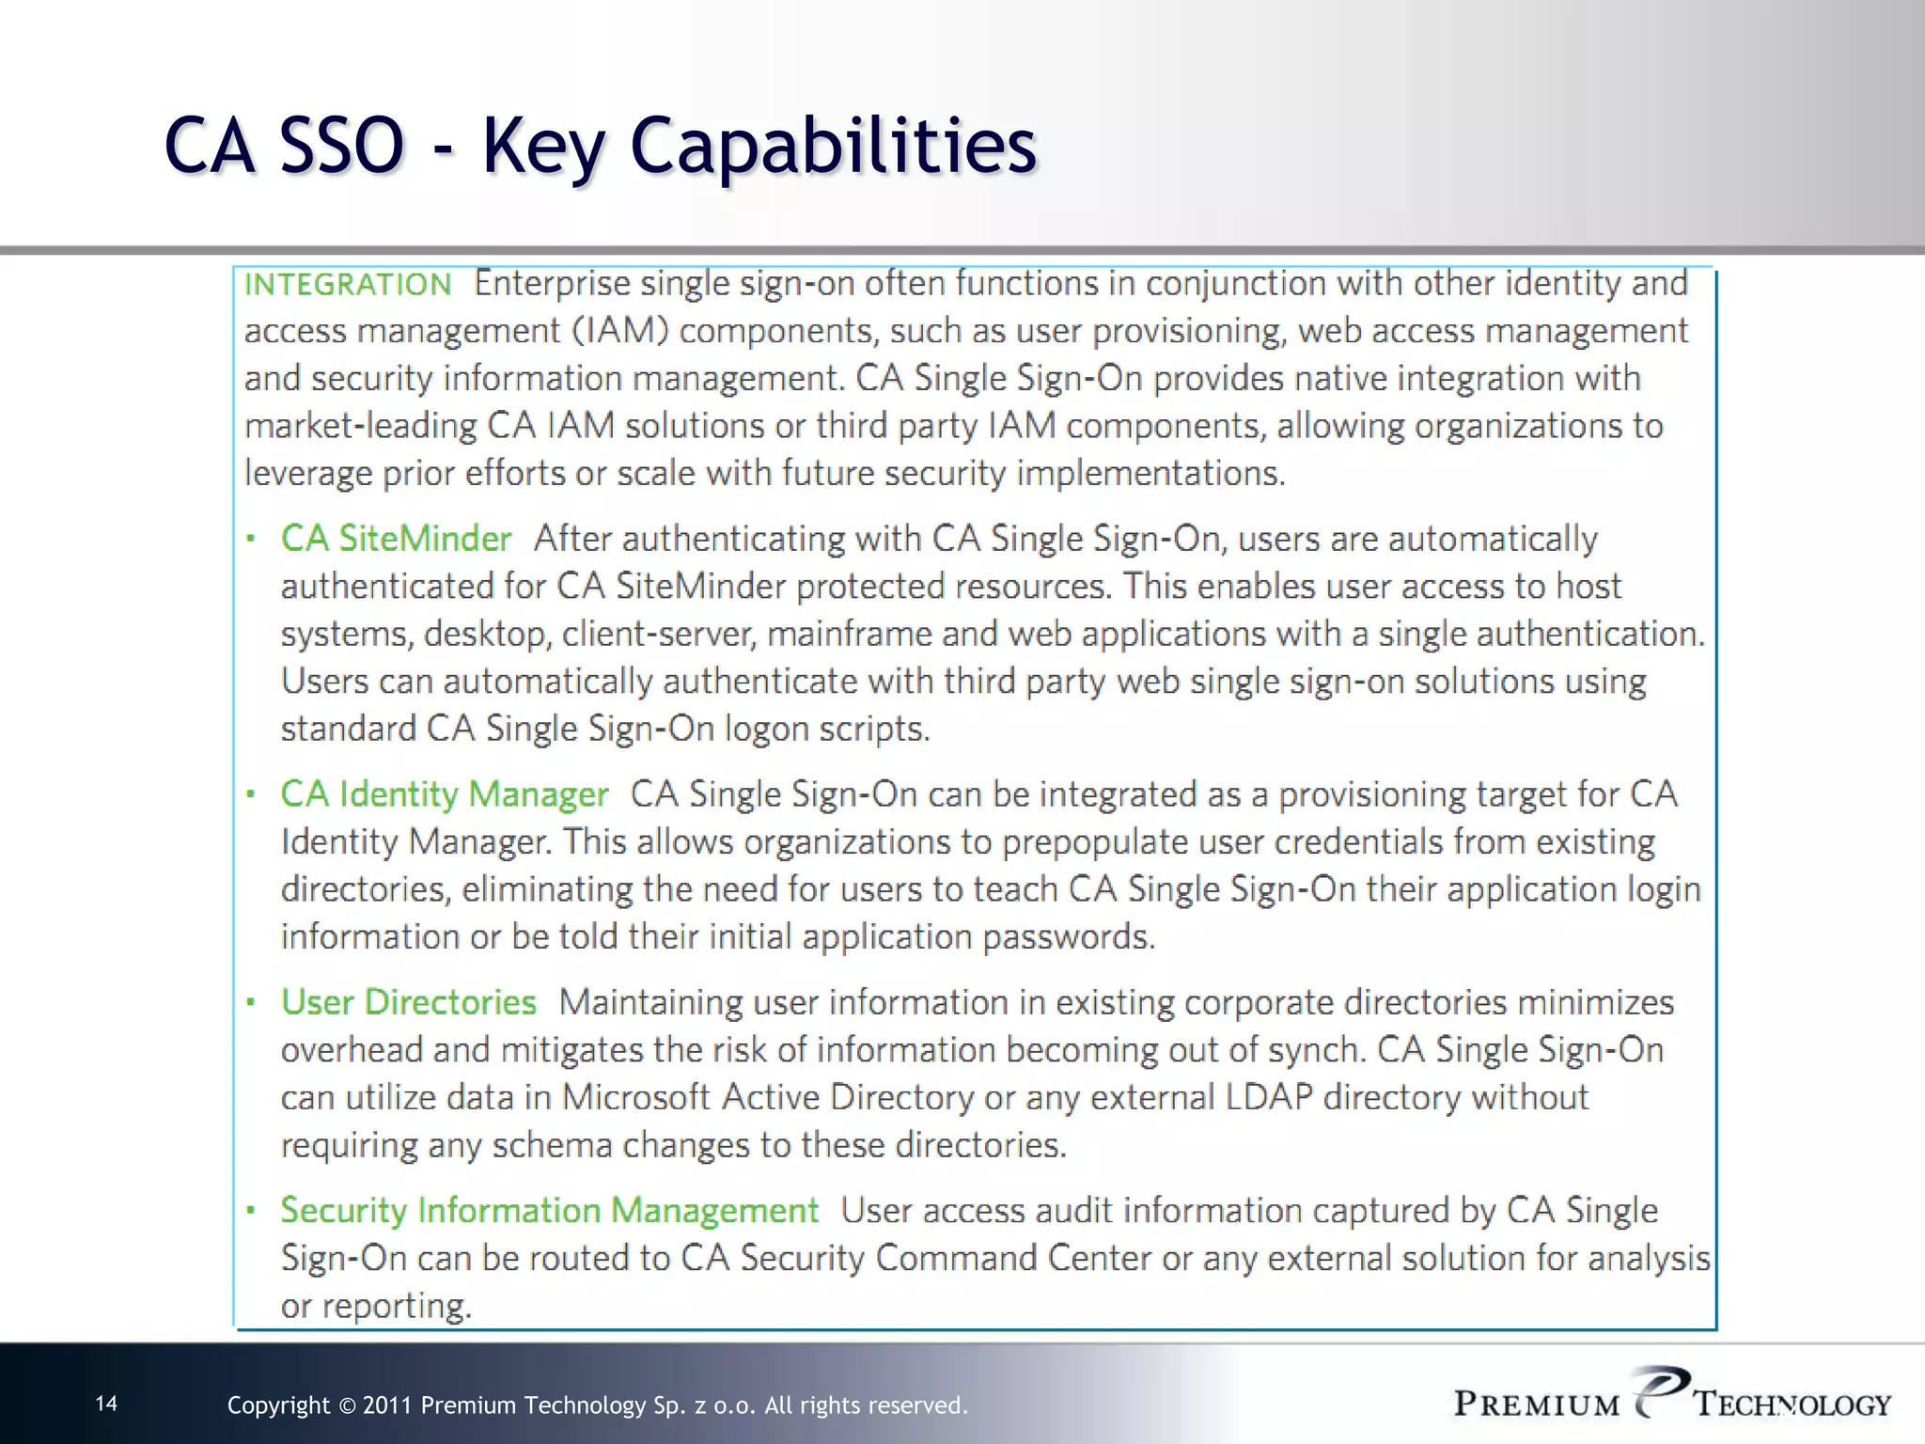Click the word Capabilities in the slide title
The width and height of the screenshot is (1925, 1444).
(833, 146)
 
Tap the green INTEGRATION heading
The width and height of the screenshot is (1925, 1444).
(348, 284)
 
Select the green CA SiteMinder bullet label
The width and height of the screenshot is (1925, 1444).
(396, 539)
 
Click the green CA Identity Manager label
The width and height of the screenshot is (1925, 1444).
(445, 794)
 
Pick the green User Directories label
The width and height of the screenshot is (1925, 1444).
(409, 1002)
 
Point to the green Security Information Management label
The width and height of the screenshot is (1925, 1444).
(550, 1210)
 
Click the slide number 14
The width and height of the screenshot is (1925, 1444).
(107, 1404)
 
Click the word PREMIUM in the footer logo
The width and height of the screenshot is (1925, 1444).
(1537, 1405)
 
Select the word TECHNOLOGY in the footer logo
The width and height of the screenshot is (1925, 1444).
(1792, 1405)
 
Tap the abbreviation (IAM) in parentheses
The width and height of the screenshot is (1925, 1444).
(619, 331)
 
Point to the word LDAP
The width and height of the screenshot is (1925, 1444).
(1269, 1097)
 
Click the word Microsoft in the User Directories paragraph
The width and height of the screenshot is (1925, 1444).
(636, 1097)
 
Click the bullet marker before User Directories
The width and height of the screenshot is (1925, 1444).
(251, 1003)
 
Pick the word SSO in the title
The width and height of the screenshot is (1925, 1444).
(341, 146)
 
